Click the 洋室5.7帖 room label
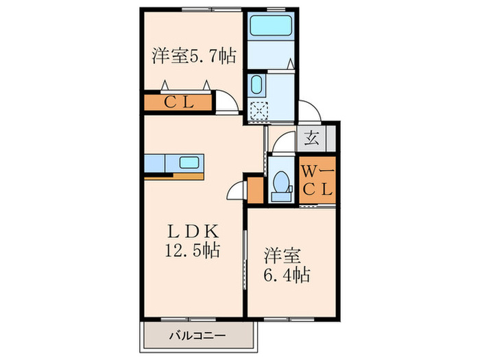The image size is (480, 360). point(193,56)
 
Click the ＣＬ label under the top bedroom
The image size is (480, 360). point(179,104)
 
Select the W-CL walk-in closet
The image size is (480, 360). point(317,180)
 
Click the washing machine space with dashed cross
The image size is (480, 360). point(258,110)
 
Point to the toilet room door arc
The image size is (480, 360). point(277,145)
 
